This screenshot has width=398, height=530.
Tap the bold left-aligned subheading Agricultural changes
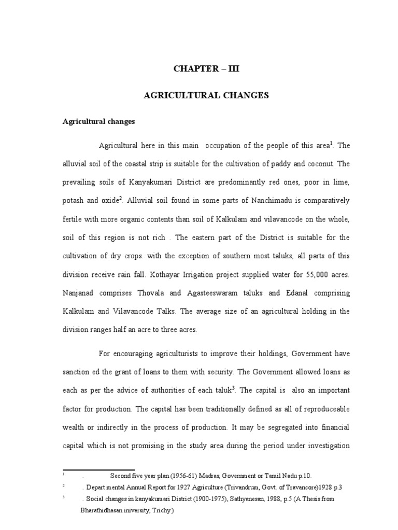(x=98, y=122)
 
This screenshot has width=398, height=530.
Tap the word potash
(x=74, y=201)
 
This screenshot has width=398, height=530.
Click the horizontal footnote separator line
(x=98, y=469)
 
